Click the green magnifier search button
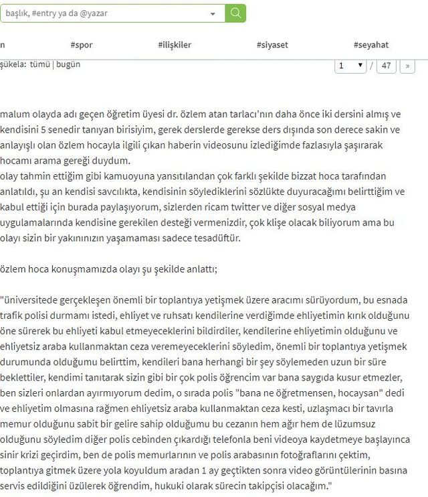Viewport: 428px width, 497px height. point(235,13)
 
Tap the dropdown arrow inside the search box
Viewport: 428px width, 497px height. point(213,13)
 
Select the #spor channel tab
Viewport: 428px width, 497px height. point(82,45)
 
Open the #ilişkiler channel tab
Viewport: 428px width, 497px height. point(175,45)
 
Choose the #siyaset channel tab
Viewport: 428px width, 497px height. point(272,45)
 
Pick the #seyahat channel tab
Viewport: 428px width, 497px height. point(371,45)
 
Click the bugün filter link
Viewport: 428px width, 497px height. point(68,64)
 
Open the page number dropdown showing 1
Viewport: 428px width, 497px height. point(351,66)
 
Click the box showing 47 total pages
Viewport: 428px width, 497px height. point(387,66)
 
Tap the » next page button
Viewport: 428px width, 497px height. point(407,66)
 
